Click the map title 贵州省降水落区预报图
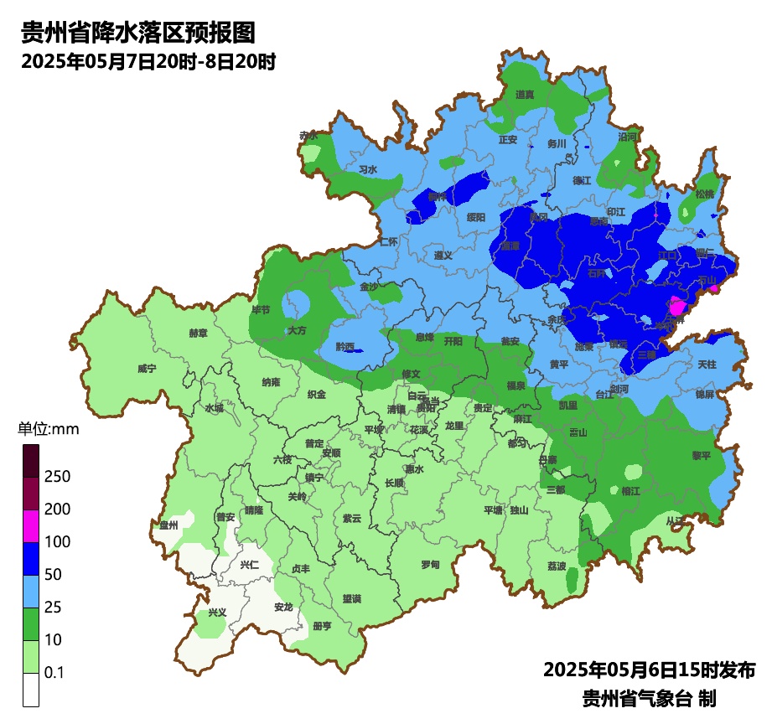tap(137, 33)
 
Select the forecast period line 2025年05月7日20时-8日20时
tap(148, 61)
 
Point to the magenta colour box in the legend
tap(31, 526)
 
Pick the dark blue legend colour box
tap(31, 559)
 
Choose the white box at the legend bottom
tap(31, 690)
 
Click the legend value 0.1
tap(54, 673)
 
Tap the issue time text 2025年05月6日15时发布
tap(650, 670)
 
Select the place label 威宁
tap(147, 368)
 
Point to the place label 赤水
tap(308, 135)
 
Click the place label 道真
tap(525, 95)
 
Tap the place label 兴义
tap(217, 612)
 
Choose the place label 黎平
tap(701, 456)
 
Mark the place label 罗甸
tap(429, 564)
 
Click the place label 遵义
tap(443, 255)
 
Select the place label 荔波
tap(557, 566)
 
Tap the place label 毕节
tap(261, 309)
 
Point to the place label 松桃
tap(705, 194)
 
